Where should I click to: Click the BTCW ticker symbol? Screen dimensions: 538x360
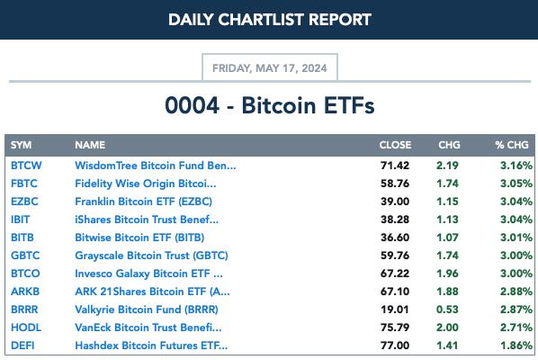click(26, 166)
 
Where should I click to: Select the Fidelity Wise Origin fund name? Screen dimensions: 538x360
click(146, 184)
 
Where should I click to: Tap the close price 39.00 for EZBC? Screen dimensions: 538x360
click(395, 202)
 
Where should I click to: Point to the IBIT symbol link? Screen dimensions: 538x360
click(21, 220)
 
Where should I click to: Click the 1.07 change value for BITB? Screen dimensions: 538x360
click(447, 238)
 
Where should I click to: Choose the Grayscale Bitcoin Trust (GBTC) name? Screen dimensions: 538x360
click(151, 256)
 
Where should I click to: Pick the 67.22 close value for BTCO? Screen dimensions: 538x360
click(395, 274)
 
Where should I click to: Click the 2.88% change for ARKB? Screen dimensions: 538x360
click(516, 292)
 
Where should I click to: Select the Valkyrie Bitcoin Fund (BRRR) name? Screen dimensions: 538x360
click(147, 310)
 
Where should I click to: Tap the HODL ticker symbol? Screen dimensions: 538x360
click(26, 328)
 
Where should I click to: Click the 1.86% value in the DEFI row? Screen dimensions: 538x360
click(516, 346)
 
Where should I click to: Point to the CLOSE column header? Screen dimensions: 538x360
click(395, 145)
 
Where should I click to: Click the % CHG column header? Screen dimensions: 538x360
click(512, 145)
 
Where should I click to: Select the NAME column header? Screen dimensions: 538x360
click(90, 145)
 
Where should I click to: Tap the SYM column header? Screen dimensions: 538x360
click(21, 145)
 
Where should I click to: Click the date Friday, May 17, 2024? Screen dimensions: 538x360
click(270, 68)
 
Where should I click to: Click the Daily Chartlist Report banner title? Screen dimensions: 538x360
click(270, 20)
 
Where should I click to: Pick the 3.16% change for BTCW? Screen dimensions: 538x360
click(516, 166)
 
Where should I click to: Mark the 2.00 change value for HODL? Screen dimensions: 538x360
click(447, 328)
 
